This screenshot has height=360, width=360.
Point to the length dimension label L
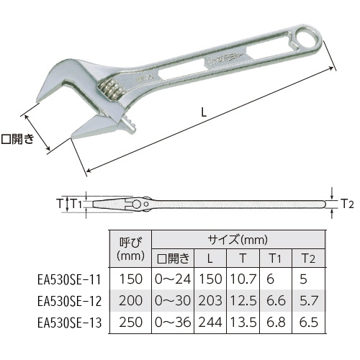(x=204, y=112)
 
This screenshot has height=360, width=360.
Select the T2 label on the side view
(x=348, y=204)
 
